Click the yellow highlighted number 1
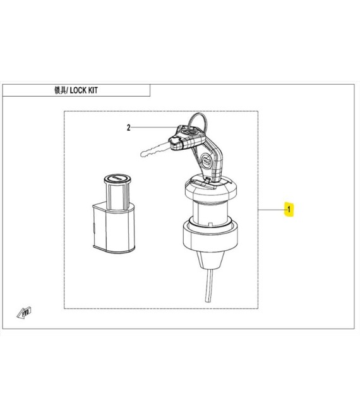coord(289,209)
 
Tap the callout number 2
coord(129,128)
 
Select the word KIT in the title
coord(93,90)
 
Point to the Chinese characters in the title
coord(60,90)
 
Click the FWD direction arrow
coord(24,313)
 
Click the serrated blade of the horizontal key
coord(155,150)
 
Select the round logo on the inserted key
coord(207,160)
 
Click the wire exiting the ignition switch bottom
coord(209,285)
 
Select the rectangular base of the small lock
coord(114,229)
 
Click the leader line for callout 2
coord(154,128)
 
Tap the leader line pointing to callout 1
coord(271,210)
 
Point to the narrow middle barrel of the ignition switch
coord(210,213)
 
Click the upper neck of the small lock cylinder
coord(117,195)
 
